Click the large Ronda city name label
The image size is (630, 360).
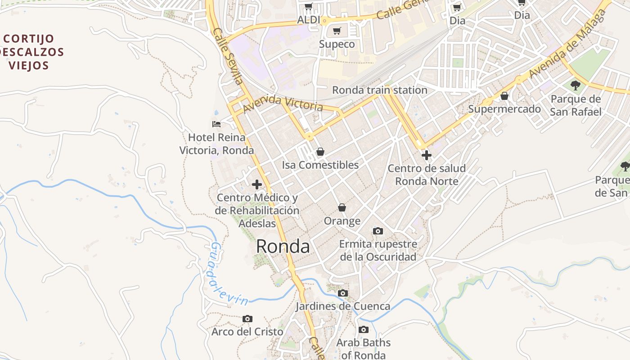pos(283,247)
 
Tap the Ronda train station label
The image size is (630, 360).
pos(379,90)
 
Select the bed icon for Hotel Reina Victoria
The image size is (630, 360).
pos(216,124)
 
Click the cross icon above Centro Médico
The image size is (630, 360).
pos(257,184)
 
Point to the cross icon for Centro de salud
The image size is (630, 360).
pos(426,155)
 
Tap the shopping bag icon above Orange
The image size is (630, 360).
pos(342,207)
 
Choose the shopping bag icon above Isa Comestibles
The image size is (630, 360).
pos(320,152)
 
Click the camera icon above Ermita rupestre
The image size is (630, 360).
pos(378,231)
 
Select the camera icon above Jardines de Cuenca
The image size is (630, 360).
pos(343,293)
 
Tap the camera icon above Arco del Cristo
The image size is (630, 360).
pos(247,319)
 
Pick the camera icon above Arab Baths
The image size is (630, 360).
pos(364,329)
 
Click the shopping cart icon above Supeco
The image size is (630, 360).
pos(337,31)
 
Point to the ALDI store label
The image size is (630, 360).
pos(309,20)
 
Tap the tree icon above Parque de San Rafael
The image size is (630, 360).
pos(575,85)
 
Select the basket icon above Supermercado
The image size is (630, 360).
pos(504,96)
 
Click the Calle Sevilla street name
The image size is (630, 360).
pos(228,57)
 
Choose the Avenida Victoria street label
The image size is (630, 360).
pos(283,103)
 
